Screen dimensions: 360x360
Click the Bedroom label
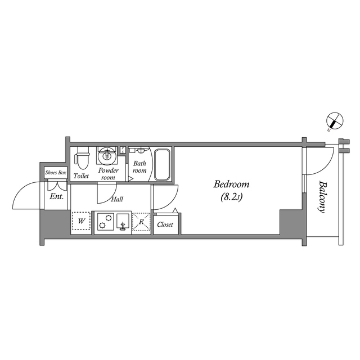coord(231,184)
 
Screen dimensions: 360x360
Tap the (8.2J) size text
coord(231,197)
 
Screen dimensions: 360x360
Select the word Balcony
coord(322,196)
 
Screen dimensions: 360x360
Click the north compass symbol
coord(335,120)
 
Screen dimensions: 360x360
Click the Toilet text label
coord(81,176)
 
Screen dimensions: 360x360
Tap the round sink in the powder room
coord(106,155)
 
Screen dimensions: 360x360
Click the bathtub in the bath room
coord(163,164)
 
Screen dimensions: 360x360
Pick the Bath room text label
coord(139,167)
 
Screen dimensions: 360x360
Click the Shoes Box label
coord(56,172)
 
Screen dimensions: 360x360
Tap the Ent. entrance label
coord(56,197)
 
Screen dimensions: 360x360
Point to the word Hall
coord(118,199)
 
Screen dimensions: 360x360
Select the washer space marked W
coord(82,222)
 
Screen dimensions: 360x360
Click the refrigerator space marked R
coord(141,222)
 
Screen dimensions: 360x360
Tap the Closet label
coord(165,224)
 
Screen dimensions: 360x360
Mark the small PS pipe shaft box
coord(123,150)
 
